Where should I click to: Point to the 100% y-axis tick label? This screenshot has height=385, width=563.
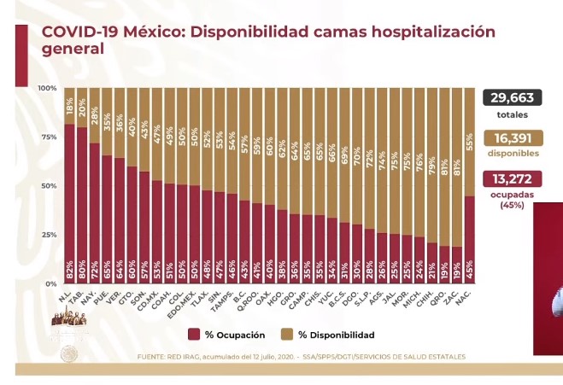pos(47,89)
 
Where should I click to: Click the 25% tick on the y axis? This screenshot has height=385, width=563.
pos(49,235)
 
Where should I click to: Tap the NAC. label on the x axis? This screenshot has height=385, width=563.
pos(468,295)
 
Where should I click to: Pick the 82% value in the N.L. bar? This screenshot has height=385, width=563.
pos(69,272)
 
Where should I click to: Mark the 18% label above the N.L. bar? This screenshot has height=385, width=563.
pos(69,107)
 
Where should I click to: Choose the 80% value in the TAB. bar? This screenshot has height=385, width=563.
pos(82,272)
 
